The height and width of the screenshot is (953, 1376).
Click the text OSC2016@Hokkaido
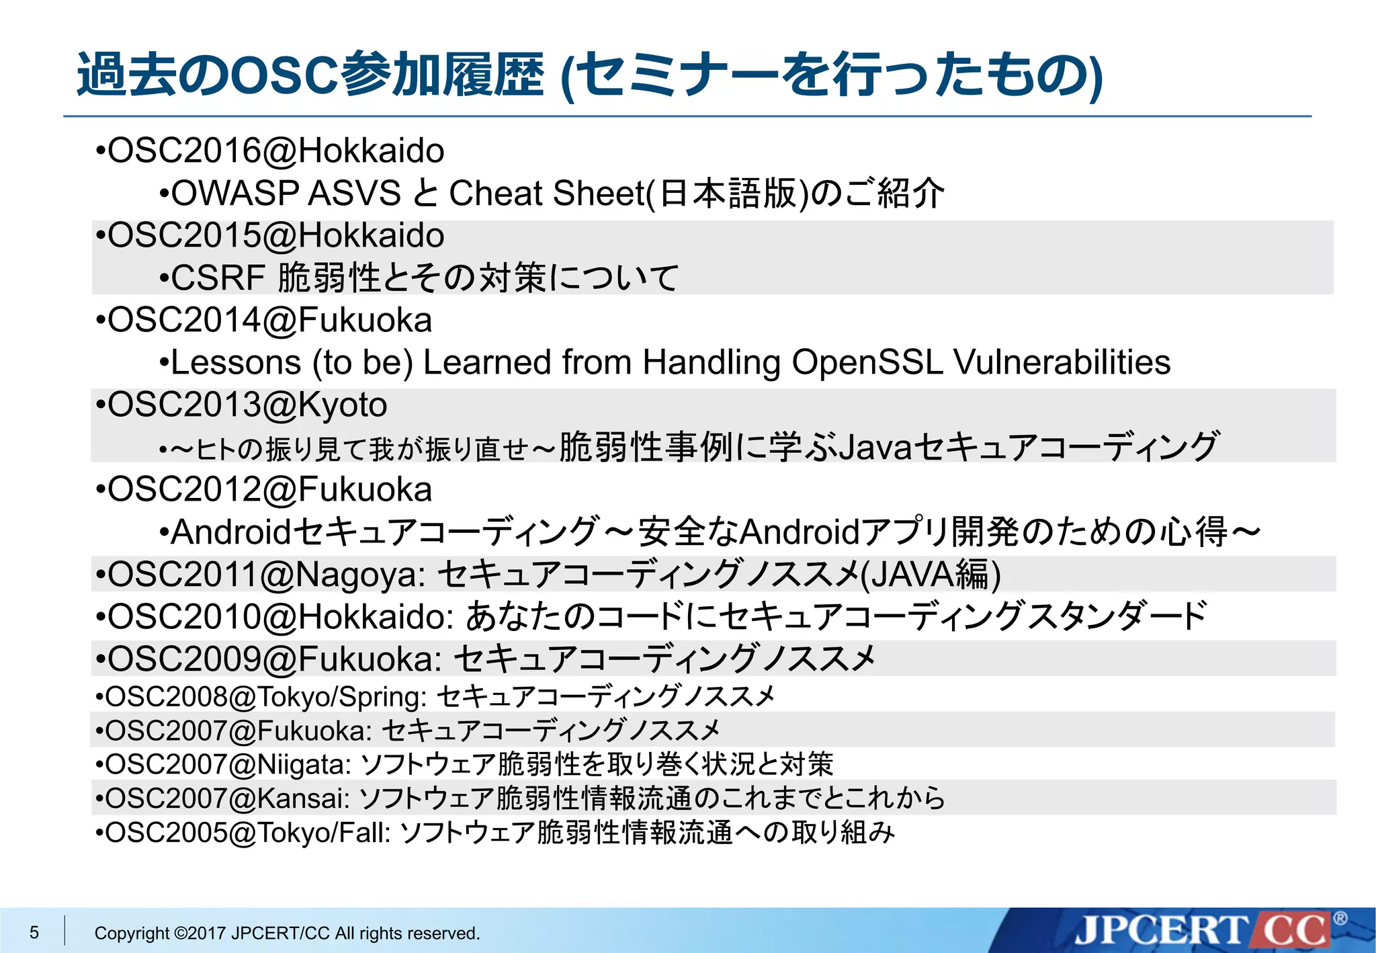click(275, 151)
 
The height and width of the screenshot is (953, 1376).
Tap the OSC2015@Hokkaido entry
click(275, 235)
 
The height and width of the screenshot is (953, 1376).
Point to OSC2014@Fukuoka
click(269, 320)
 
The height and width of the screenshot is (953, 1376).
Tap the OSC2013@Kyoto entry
click(247, 405)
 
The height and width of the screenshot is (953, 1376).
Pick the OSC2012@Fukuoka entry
click(269, 489)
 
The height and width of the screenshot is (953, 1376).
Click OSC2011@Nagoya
click(266, 575)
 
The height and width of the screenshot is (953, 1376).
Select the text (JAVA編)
click(931, 575)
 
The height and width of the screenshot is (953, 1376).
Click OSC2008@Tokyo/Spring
click(265, 696)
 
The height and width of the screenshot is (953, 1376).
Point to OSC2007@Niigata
click(228, 764)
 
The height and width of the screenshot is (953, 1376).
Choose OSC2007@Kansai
click(227, 798)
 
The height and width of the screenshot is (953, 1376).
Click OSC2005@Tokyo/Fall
click(247, 833)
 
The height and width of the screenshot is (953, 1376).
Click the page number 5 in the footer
click(34, 932)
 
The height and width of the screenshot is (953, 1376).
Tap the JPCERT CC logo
click(1203, 931)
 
